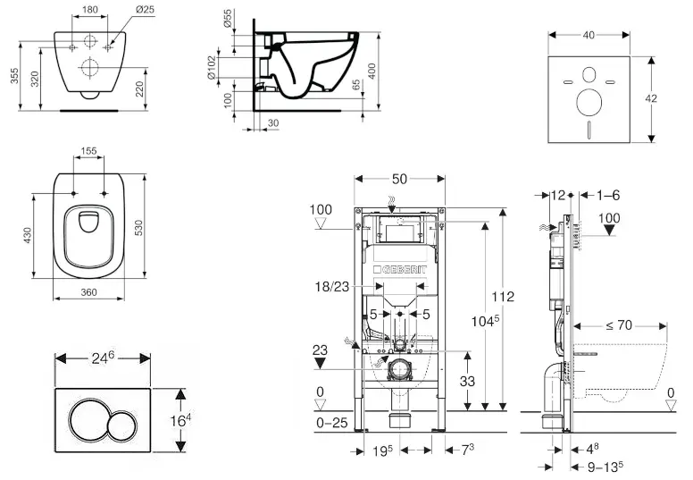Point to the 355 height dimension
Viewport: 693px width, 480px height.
(x=13, y=78)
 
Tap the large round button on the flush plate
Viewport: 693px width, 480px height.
(x=88, y=418)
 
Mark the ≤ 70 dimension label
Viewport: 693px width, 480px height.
(x=620, y=325)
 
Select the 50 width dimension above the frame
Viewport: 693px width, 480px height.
(x=399, y=178)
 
